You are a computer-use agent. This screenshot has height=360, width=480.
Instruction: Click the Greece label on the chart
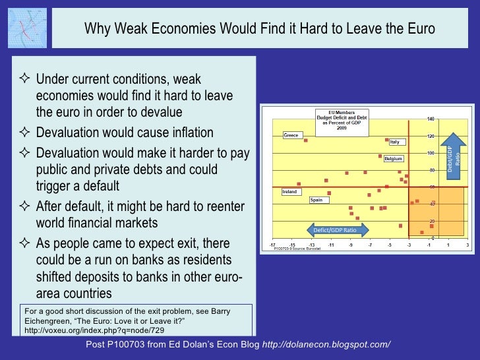[291, 135]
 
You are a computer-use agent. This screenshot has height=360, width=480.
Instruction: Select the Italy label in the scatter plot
[394, 142]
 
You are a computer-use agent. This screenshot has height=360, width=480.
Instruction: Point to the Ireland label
[289, 192]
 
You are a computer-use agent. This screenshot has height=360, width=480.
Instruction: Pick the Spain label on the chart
[316, 200]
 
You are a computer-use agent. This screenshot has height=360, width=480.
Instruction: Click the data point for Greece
[306, 140]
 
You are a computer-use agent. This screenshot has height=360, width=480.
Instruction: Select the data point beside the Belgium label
[380, 156]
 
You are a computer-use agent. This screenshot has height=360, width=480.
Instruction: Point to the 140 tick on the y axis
[431, 119]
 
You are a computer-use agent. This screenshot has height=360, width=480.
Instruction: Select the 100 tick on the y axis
[431, 153]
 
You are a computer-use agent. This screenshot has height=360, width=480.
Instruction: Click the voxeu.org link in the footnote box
[94, 330]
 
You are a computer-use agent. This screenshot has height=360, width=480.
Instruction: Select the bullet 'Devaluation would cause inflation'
[125, 132]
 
